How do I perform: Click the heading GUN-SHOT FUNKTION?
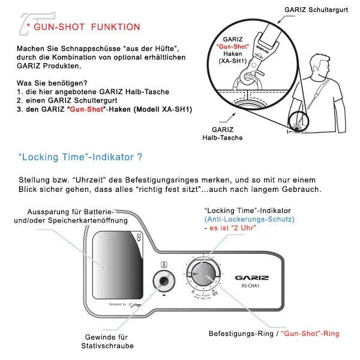87,27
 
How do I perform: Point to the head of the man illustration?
315,61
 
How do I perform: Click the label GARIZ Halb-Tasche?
227,133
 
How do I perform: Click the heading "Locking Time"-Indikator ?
80,157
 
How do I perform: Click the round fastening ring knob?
204,275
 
